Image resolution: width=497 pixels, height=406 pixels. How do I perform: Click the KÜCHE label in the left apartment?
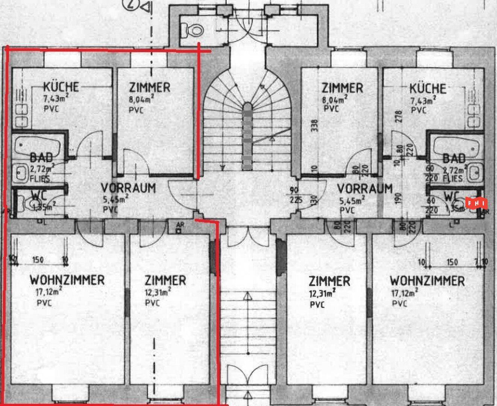(x=61, y=87)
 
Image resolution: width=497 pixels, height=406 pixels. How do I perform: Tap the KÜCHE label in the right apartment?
(x=428, y=89)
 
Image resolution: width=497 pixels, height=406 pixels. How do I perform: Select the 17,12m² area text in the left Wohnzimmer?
(x=49, y=291)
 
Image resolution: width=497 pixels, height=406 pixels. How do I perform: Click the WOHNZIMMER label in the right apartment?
(x=427, y=281)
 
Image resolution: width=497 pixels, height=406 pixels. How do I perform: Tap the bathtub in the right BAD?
(x=456, y=144)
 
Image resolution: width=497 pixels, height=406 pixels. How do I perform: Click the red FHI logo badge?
(x=477, y=204)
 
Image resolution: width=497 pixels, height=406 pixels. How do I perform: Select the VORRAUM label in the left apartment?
(x=128, y=188)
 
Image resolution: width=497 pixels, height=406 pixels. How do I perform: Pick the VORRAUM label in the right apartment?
(x=365, y=188)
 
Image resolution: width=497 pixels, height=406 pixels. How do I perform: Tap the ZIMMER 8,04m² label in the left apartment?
(x=150, y=88)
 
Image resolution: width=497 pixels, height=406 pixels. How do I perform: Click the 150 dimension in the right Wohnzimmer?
(x=452, y=262)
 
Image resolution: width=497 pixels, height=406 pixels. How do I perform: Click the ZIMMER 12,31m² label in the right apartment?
(x=329, y=281)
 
